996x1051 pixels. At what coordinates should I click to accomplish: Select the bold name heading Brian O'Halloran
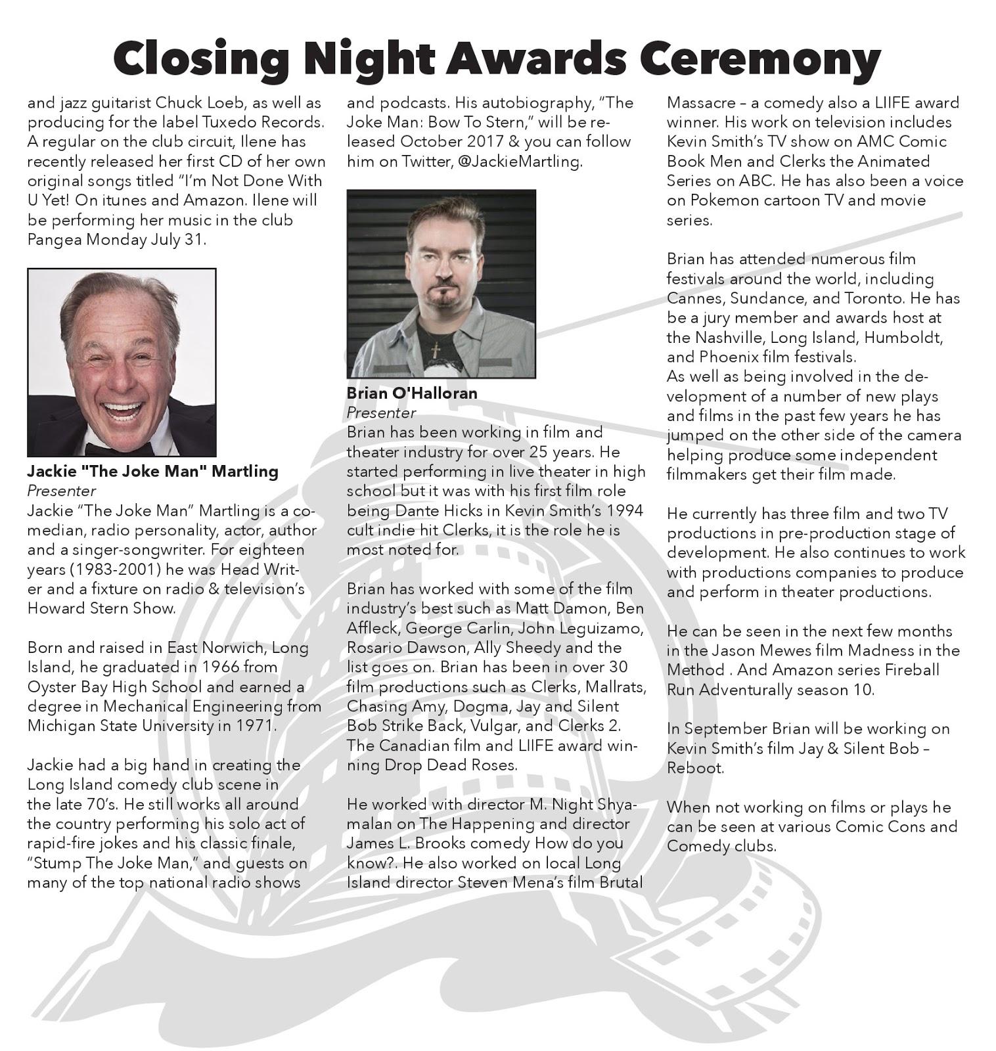click(412, 393)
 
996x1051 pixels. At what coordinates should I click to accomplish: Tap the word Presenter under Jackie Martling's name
click(62, 491)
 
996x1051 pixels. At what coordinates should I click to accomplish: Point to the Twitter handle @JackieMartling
click(519, 162)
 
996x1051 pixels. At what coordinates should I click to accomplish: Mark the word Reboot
click(694, 768)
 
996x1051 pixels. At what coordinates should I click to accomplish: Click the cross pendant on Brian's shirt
click(435, 351)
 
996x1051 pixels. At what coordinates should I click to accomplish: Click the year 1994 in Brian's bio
click(626, 510)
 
